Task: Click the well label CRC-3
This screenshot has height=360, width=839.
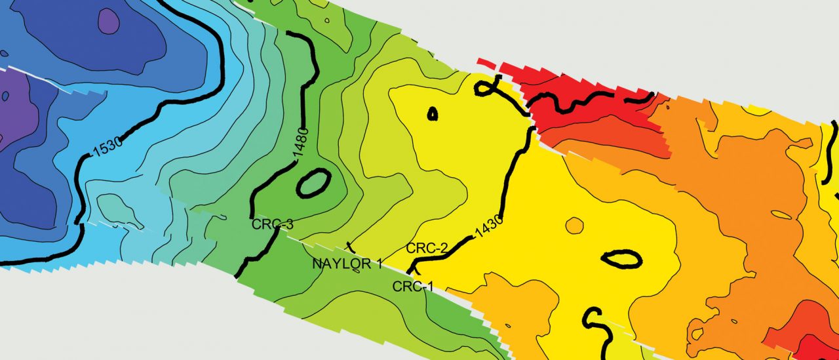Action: [x=272, y=224]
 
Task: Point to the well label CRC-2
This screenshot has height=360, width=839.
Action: [x=427, y=248]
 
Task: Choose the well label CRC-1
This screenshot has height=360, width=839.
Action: [x=413, y=287]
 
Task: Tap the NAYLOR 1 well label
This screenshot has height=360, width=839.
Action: [x=347, y=264]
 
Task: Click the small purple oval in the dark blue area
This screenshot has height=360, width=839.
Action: [x=108, y=21]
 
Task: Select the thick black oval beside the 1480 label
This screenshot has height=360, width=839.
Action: [x=313, y=184]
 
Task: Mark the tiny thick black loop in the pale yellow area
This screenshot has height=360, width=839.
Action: [x=433, y=113]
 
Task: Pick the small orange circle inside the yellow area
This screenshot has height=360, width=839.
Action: [x=574, y=225]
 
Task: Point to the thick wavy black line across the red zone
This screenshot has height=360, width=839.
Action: [x=577, y=102]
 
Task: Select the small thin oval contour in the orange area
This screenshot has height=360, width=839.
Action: [x=782, y=214]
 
